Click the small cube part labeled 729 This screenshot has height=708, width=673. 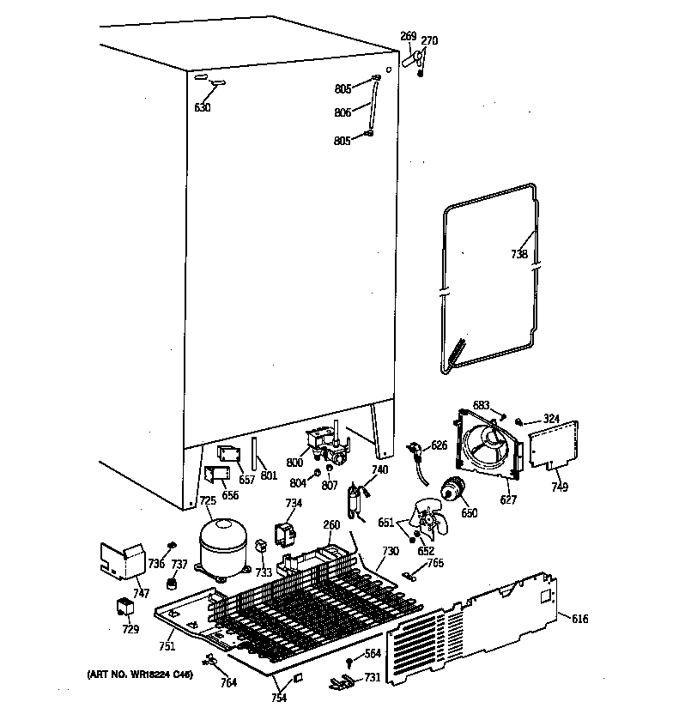(x=125, y=608)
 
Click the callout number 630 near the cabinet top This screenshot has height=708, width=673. (x=203, y=107)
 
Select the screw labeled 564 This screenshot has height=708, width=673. (x=350, y=663)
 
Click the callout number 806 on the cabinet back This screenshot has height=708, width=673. (x=343, y=112)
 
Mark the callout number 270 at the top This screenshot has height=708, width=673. (x=429, y=39)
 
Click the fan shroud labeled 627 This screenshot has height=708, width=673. (x=486, y=445)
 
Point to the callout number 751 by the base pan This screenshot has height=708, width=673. (x=167, y=646)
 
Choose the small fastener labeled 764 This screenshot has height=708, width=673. (x=209, y=660)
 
